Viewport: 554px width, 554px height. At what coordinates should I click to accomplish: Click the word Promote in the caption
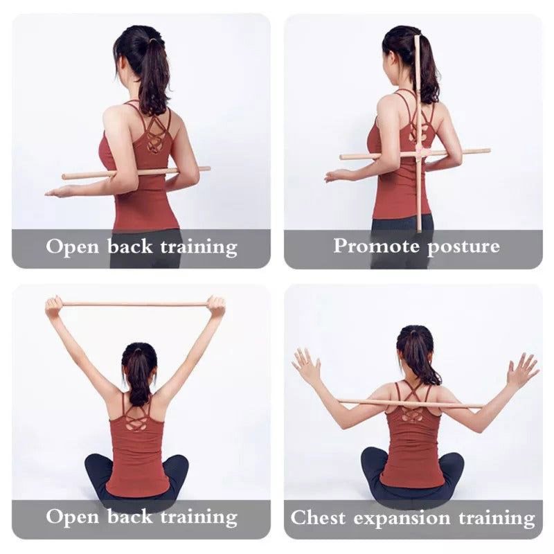pos(375,246)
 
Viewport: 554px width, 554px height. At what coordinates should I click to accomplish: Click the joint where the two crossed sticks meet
pos(418,154)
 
